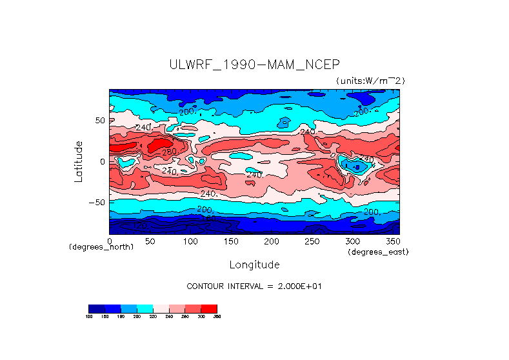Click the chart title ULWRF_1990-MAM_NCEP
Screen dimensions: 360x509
[x=254, y=65]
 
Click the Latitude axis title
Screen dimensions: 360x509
[x=79, y=161]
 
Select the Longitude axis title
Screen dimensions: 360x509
[x=254, y=265]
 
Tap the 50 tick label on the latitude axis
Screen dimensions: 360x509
[x=100, y=120]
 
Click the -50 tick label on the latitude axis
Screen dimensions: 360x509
[x=97, y=202]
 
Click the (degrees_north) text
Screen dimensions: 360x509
[x=101, y=247]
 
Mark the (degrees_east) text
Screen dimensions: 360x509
[x=378, y=252]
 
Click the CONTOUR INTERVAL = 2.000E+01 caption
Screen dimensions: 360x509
[x=254, y=286]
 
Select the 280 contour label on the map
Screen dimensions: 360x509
[x=169, y=152]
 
